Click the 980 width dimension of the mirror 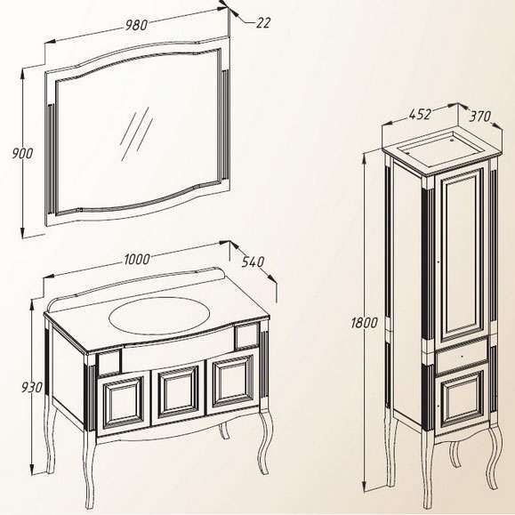[136, 25]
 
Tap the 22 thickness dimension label [263, 22]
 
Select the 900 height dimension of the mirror [22, 153]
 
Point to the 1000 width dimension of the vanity [137, 259]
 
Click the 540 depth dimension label [253, 262]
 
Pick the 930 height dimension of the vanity [32, 387]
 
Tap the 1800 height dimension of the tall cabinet [365, 323]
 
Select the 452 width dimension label [420, 114]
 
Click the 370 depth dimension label [479, 116]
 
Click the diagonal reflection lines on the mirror [136, 133]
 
